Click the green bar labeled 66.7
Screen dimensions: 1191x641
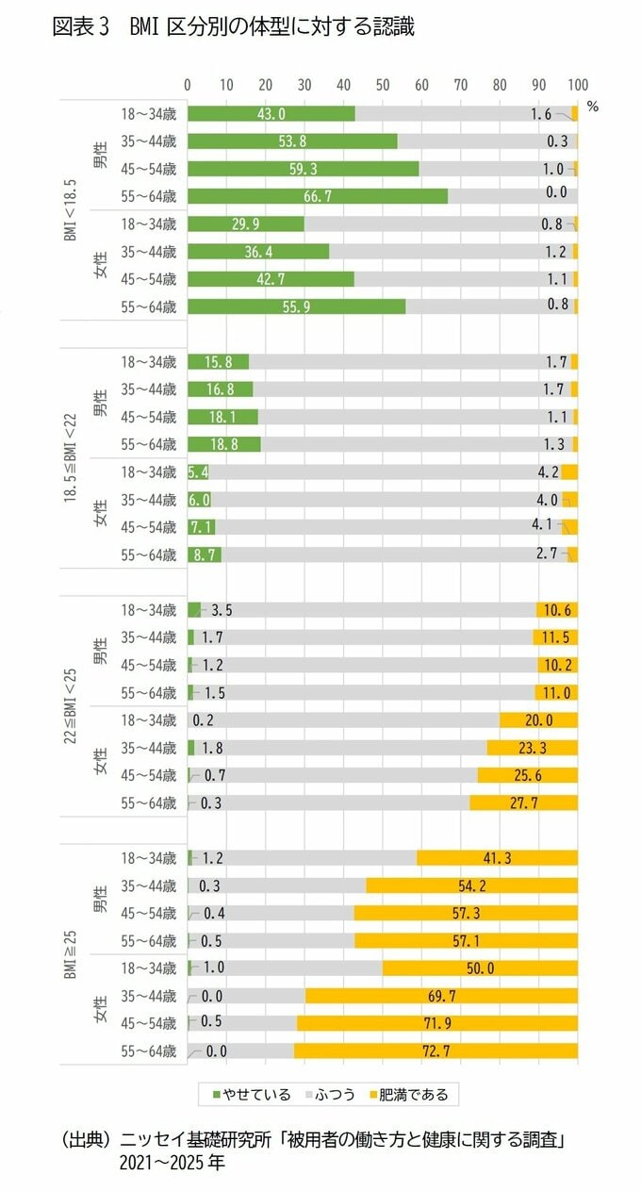[317, 196]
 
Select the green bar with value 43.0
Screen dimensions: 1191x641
[271, 114]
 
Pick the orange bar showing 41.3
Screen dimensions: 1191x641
[497, 858]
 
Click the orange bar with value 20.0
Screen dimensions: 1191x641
[538, 720]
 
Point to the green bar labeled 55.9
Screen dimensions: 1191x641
[296, 306]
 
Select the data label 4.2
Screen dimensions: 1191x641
[548, 471]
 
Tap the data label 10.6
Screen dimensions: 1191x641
[556, 610]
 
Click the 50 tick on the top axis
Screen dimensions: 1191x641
[383, 84]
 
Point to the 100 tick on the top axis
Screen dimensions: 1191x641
[577, 84]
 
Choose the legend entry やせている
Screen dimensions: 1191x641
[252, 1095]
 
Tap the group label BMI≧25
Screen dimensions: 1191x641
[71, 954]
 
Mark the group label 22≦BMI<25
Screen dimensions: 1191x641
[71, 705]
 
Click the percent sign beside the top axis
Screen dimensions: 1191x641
[592, 107]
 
